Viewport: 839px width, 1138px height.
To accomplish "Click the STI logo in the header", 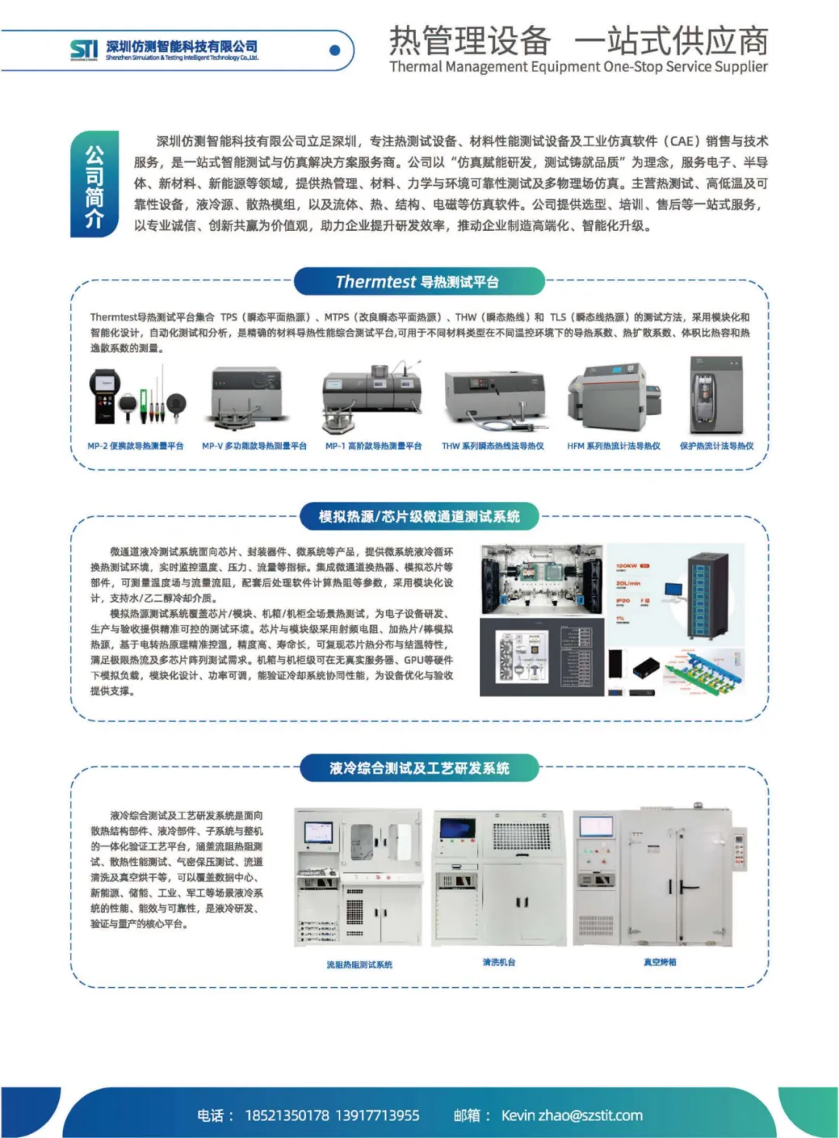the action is (84, 50).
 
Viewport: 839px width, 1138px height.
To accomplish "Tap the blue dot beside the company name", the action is (335, 51).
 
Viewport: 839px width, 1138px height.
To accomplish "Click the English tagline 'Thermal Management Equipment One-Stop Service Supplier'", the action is (578, 67).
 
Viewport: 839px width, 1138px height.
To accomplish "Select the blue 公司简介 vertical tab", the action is (94, 183).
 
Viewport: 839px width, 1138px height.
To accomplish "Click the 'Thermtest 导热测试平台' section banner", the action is (419, 281).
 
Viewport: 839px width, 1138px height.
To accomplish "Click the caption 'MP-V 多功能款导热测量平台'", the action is (254, 446).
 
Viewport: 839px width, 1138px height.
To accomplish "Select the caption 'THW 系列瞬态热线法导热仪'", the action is (493, 446).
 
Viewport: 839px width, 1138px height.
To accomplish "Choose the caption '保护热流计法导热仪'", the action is (716, 446).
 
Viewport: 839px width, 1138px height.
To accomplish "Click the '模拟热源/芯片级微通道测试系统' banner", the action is (419, 516).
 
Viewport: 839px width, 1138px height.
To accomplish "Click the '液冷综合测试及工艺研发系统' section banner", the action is (419, 768).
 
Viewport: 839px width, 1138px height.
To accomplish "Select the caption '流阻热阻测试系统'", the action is (359, 965).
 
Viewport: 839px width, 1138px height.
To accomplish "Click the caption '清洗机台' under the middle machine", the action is (499, 962).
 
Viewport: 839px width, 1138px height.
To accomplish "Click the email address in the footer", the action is (572, 1115).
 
